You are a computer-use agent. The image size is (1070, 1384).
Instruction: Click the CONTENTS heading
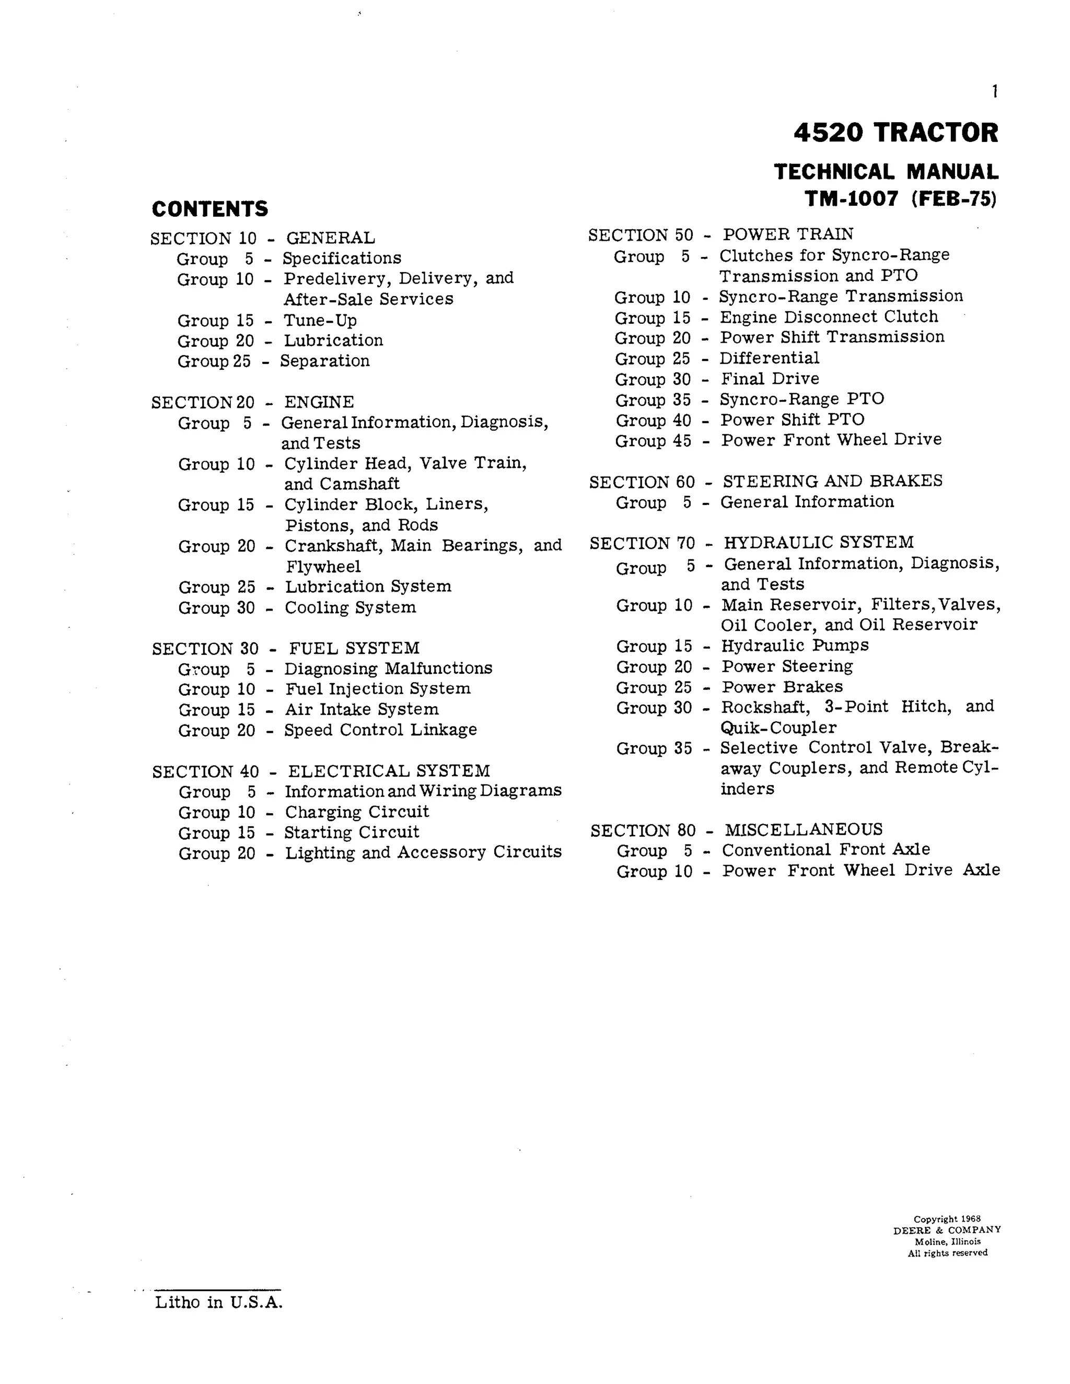[x=210, y=209]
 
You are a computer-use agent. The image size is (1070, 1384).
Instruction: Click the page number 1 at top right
[x=995, y=92]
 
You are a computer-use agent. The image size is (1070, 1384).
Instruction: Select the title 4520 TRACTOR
[x=895, y=133]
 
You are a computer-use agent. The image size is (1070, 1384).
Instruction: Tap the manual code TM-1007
[x=851, y=199]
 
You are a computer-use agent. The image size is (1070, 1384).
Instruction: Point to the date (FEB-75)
[x=954, y=199]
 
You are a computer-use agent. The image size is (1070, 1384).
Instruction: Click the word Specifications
[x=342, y=259]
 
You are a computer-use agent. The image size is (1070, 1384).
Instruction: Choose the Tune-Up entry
[x=320, y=320]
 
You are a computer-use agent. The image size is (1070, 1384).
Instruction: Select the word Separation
[x=324, y=361]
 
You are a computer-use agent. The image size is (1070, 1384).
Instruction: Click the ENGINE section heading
[x=319, y=402]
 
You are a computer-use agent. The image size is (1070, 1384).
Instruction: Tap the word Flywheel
[x=323, y=567]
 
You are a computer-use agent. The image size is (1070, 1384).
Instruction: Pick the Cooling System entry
[x=350, y=608]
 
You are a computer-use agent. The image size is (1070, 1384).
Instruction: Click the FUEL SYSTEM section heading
[x=354, y=648]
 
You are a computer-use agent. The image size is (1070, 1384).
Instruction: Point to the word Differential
[x=769, y=358]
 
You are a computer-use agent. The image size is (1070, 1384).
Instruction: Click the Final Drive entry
[x=770, y=379]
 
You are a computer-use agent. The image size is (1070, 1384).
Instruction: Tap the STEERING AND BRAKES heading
[x=832, y=481]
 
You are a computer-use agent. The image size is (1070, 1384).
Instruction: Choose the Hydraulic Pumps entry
[x=795, y=646]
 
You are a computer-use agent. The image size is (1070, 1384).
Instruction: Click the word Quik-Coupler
[x=778, y=728]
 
